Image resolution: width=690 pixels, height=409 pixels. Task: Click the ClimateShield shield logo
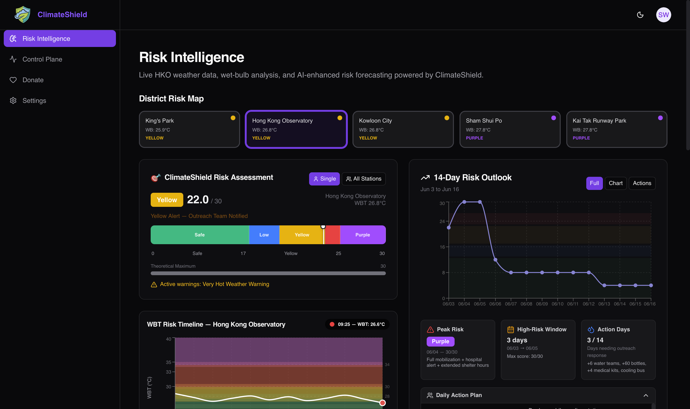[x=23, y=14]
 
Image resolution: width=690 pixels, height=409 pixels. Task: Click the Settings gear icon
[x=13, y=100]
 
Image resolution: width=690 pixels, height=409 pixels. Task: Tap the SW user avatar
[x=663, y=15]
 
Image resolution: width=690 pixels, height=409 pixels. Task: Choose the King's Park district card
[x=189, y=129]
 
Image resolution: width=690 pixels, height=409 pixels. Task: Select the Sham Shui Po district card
[x=510, y=129]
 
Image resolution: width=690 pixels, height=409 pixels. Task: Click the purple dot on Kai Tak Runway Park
[x=660, y=118]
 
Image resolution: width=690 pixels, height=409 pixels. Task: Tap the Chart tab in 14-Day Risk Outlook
[x=615, y=183]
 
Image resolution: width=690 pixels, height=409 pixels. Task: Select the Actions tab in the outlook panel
[x=642, y=183]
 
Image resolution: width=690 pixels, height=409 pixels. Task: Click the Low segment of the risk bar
[x=264, y=235]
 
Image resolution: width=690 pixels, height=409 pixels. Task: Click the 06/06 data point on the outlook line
[x=495, y=260]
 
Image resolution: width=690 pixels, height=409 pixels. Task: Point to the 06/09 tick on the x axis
[x=542, y=299]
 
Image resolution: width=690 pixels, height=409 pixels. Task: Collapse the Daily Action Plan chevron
[x=646, y=395]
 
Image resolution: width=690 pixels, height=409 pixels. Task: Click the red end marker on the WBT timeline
[x=382, y=403]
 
